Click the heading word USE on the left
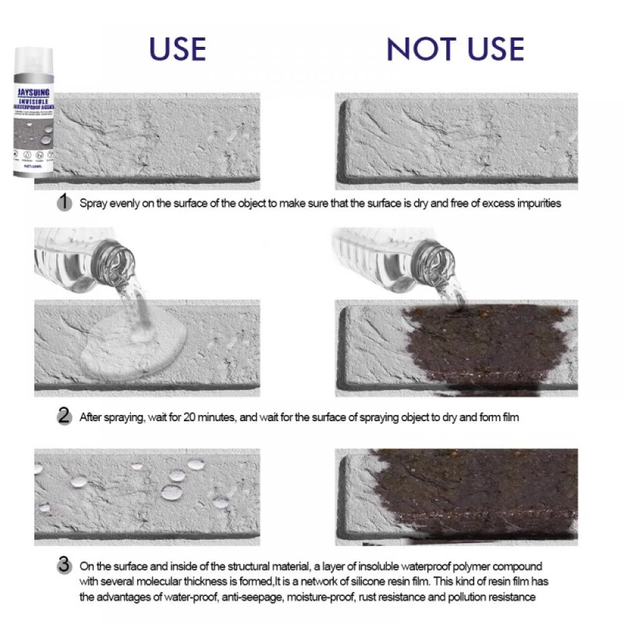(177, 49)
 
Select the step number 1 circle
(64, 202)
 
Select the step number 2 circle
(64, 416)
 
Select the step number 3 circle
(64, 566)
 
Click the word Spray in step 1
(91, 203)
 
